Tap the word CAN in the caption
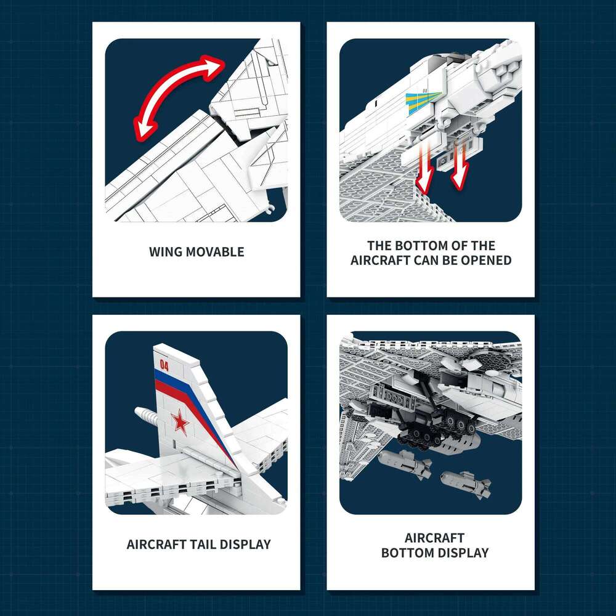(x=425, y=261)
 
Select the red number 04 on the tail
(x=164, y=365)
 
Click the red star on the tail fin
(x=180, y=422)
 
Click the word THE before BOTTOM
(x=379, y=246)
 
